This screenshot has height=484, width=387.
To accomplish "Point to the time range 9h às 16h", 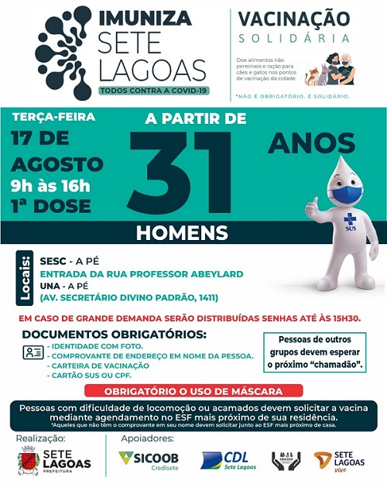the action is pyautogui.click(x=50, y=185).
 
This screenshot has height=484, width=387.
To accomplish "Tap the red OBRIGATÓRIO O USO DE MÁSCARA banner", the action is pyautogui.click(x=193, y=391).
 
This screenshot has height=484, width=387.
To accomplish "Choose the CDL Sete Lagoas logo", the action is pyautogui.click(x=229, y=461).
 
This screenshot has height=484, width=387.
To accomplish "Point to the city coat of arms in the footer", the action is pyautogui.click(x=28, y=462).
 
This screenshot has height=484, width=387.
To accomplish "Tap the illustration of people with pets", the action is pyautogui.click(x=331, y=70).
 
